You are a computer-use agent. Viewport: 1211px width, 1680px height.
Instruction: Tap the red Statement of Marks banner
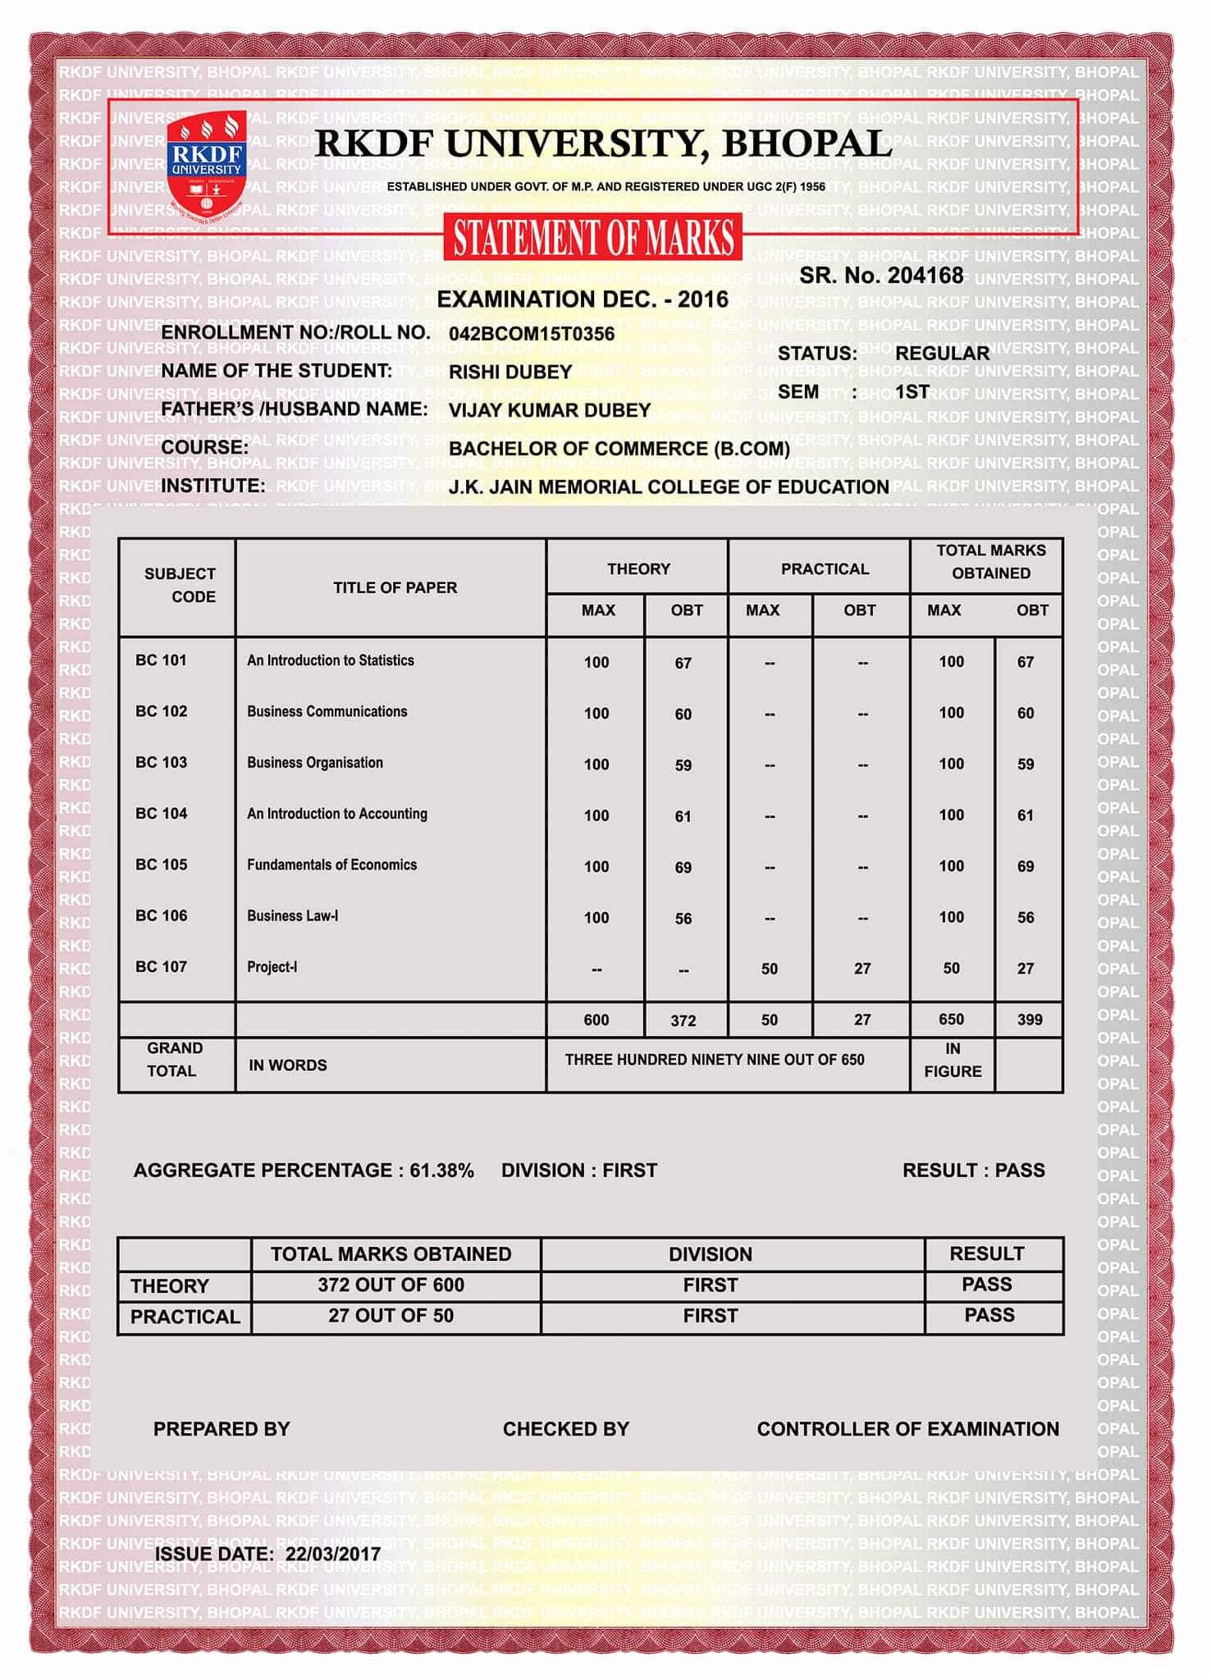pyautogui.click(x=593, y=238)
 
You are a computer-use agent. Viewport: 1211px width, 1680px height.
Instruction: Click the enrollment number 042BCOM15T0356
pyautogui.click(x=532, y=334)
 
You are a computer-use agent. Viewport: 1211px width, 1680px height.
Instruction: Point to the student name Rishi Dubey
pyautogui.click(x=510, y=372)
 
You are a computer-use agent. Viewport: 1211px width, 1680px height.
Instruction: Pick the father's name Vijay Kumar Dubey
pyautogui.click(x=550, y=410)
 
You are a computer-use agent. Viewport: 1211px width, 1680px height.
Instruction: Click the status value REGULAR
pyautogui.click(x=942, y=354)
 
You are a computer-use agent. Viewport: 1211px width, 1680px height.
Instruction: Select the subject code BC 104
pyautogui.click(x=162, y=814)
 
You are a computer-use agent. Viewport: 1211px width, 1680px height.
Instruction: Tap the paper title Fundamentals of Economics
pyautogui.click(x=332, y=865)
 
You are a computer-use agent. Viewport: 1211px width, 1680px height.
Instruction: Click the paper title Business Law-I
pyautogui.click(x=293, y=915)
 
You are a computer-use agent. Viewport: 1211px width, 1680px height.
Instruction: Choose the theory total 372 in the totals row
pyautogui.click(x=683, y=1020)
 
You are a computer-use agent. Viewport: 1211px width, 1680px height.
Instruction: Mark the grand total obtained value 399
pyautogui.click(x=1030, y=1020)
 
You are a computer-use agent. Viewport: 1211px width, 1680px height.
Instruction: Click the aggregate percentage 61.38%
pyautogui.click(x=442, y=1171)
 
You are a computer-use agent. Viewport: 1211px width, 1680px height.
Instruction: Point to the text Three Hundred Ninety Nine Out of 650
pyautogui.click(x=715, y=1060)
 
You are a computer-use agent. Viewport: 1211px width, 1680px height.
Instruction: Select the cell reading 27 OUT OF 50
pyautogui.click(x=391, y=1316)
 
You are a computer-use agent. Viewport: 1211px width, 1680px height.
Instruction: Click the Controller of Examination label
pyautogui.click(x=908, y=1429)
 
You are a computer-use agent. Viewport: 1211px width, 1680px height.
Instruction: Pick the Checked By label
pyautogui.click(x=566, y=1429)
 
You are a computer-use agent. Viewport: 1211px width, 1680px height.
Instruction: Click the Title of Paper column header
pyautogui.click(x=395, y=587)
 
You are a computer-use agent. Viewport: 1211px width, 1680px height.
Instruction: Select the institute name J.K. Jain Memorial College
pyautogui.click(x=669, y=487)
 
